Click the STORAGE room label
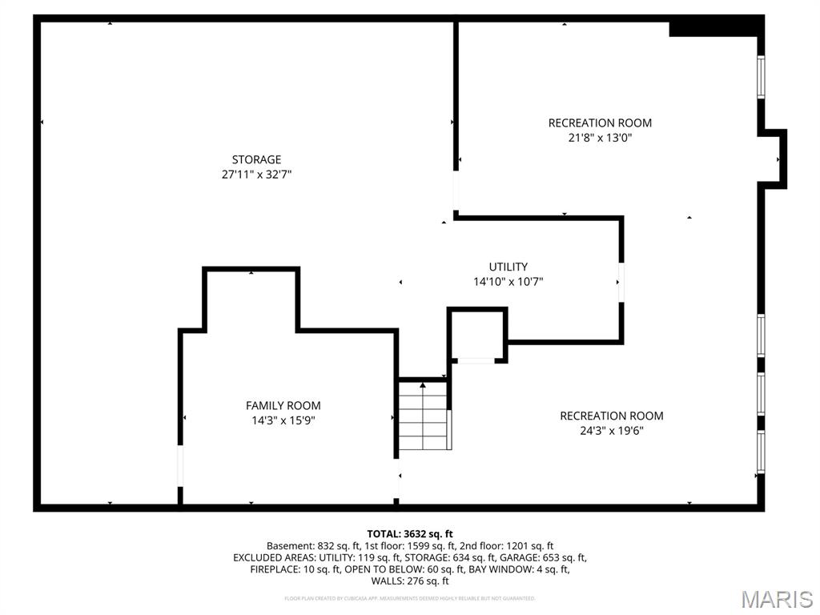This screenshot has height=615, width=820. (256, 159)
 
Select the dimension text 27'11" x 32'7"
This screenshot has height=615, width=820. (256, 174)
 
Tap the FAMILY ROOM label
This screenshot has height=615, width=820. (283, 406)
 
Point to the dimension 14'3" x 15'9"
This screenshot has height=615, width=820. (283, 420)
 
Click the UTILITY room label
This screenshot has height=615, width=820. (508, 267)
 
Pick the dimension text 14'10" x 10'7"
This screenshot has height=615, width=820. (508, 281)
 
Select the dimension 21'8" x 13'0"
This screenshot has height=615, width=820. (600, 137)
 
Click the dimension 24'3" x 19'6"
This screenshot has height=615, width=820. (612, 430)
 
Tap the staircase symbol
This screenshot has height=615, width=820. (424, 416)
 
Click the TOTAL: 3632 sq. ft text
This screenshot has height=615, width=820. (410, 533)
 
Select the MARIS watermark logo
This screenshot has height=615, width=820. (776, 599)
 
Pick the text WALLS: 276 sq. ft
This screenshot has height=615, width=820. (410, 581)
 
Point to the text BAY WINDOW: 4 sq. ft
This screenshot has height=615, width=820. (521, 569)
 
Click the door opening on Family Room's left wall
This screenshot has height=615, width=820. (180, 465)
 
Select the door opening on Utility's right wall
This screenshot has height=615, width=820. (621, 282)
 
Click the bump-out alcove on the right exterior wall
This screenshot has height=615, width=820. (773, 159)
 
